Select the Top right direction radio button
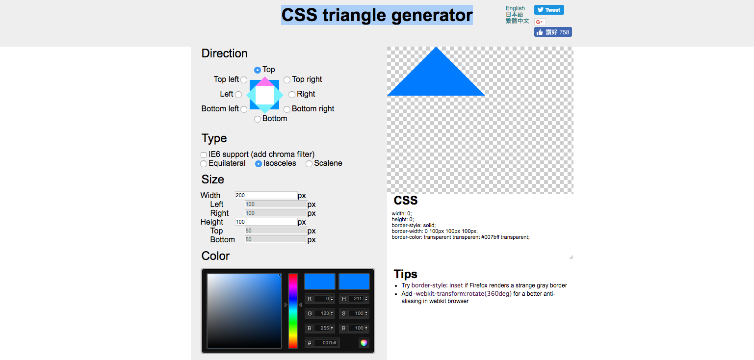287,80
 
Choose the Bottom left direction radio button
244,109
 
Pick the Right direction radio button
292,95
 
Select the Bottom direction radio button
258,119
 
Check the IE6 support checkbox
203,155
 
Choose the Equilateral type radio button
203,164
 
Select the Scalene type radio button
309,164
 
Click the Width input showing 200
266,195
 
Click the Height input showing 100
266,222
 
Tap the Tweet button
549,10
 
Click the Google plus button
540,22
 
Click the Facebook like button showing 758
553,32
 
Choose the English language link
515,8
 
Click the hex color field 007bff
327,342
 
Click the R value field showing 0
324,298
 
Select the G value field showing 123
324,313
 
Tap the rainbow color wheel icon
364,343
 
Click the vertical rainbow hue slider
293,310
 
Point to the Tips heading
405,274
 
